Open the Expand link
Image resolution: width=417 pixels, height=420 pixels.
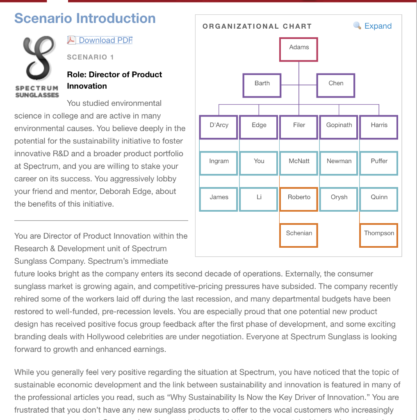(x=378, y=26)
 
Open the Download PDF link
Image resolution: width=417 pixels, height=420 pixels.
(x=105, y=40)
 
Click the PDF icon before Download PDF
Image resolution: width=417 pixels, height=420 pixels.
(x=71, y=40)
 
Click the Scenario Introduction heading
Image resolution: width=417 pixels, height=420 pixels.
(x=85, y=18)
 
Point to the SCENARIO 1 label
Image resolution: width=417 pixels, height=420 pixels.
(x=90, y=57)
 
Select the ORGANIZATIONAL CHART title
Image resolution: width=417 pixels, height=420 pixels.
(x=257, y=26)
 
